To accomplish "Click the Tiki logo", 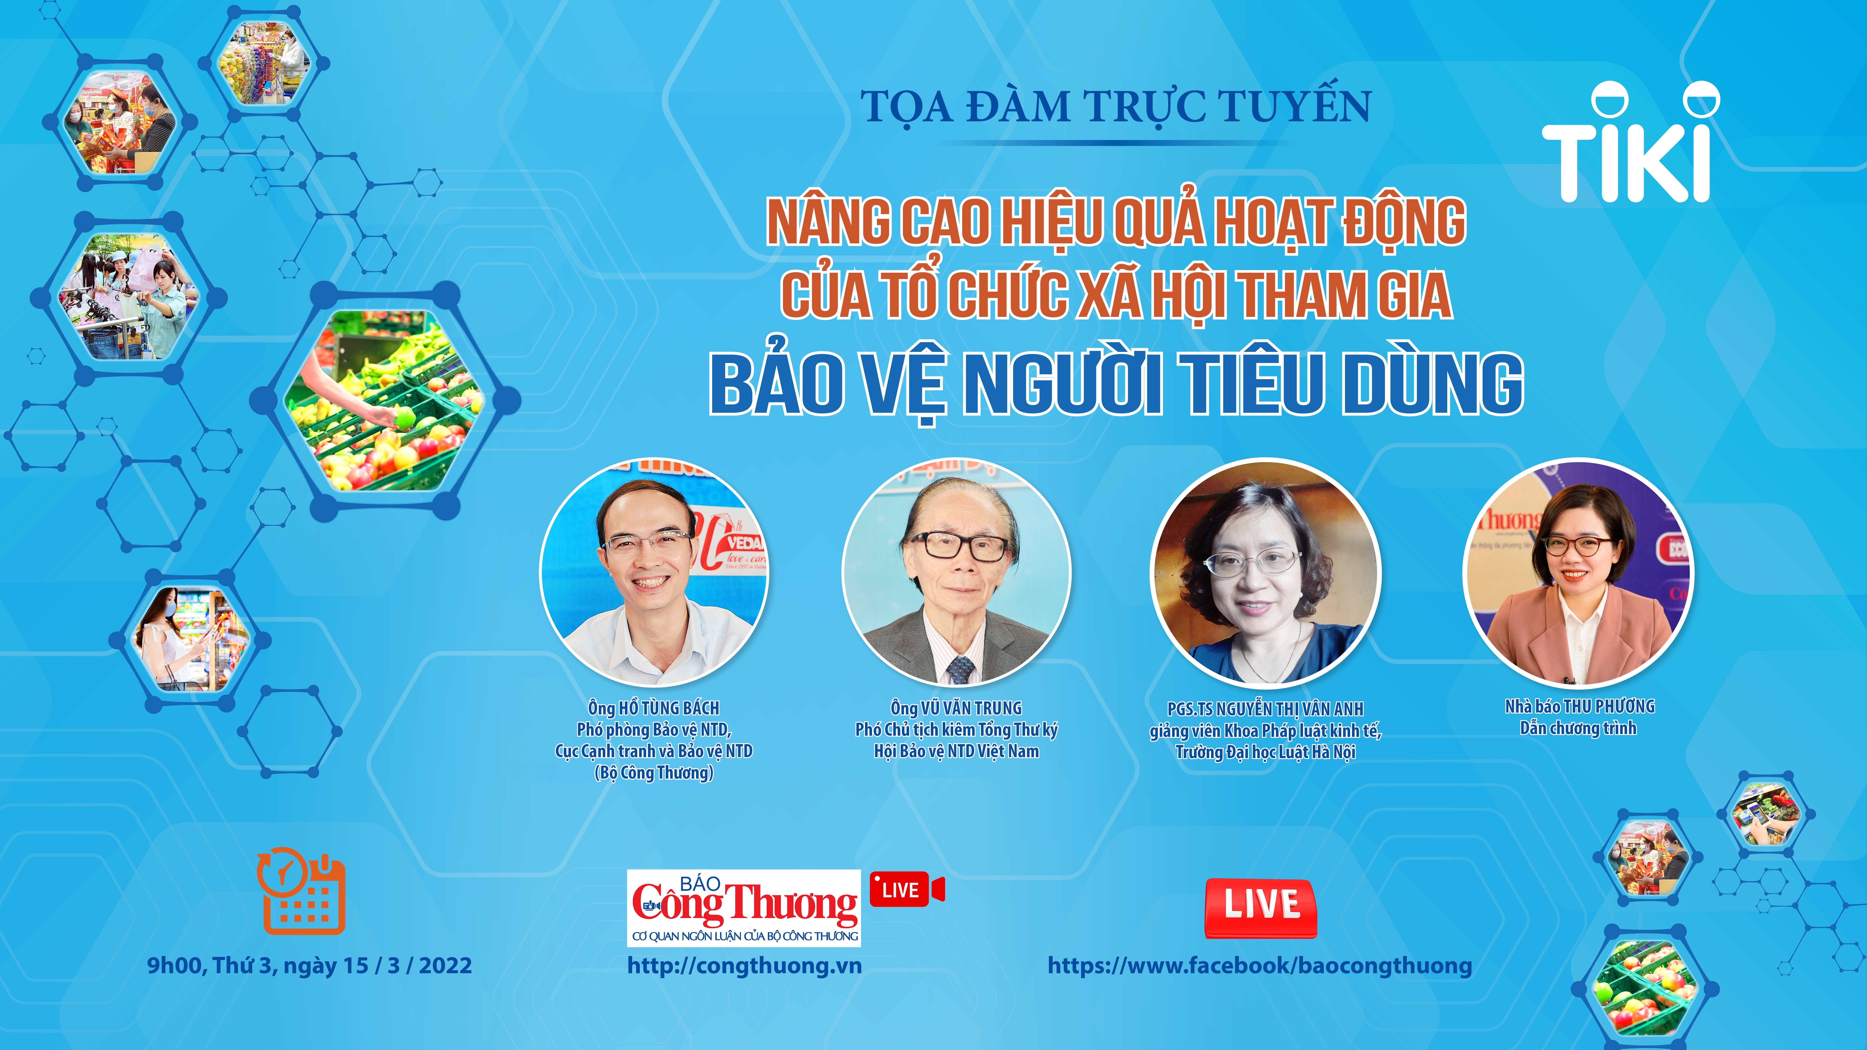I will pos(1629,145).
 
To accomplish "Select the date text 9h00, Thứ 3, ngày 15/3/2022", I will pos(309,965).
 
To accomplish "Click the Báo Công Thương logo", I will pos(744,907).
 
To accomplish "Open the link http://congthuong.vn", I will pos(744,965).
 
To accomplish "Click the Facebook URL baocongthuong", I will pos(1260,965).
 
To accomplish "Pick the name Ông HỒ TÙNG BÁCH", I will pos(654,708).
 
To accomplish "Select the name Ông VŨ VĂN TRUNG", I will pos(956,708).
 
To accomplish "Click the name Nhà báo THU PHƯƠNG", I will pos(1580,707).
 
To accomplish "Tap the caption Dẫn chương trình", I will pos(1579,728).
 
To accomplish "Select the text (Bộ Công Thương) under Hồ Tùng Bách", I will pos(654,773).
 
